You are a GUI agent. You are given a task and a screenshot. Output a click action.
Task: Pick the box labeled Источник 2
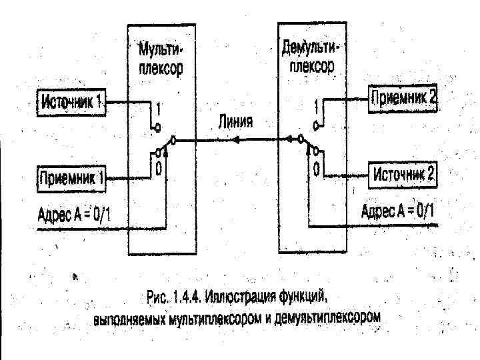coord(403,175)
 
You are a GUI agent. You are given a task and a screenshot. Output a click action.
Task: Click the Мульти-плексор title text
coord(159,59)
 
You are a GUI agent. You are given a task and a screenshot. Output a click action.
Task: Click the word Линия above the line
coord(235,123)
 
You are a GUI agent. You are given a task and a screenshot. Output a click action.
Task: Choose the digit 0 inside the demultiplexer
coord(316,165)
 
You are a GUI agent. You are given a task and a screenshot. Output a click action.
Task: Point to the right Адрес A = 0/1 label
coord(397,213)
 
